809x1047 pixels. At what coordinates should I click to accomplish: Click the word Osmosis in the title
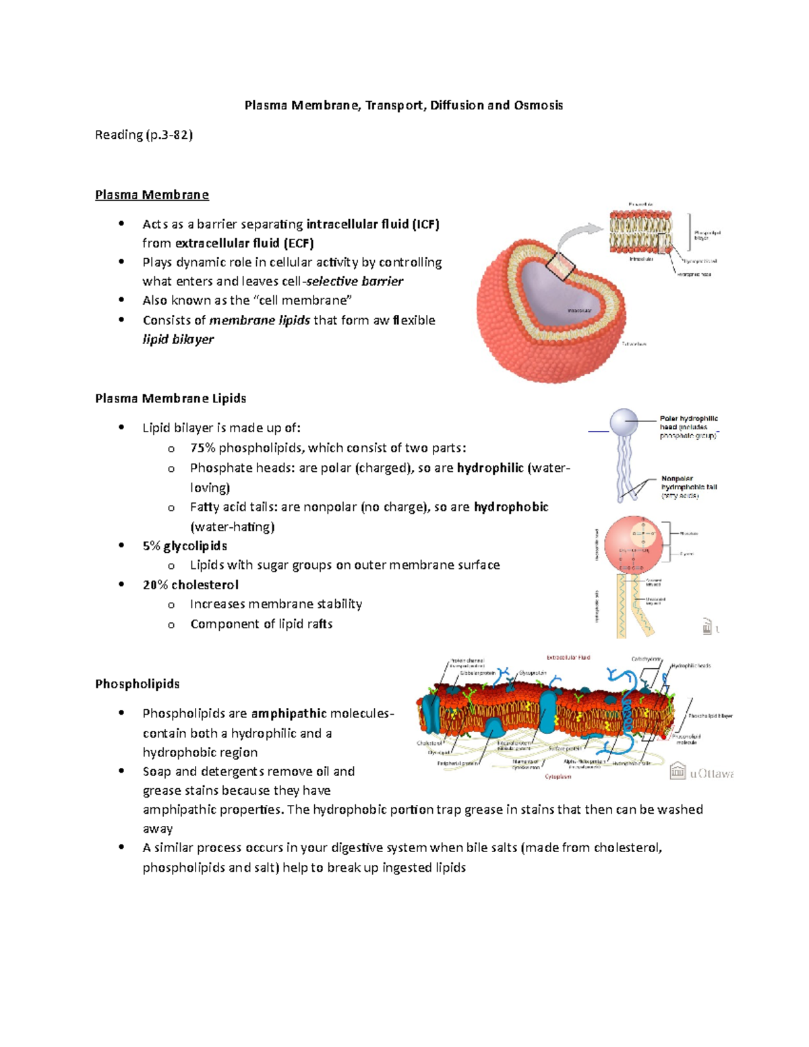pos(538,105)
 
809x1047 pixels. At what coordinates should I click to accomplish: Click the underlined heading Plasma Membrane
pos(152,195)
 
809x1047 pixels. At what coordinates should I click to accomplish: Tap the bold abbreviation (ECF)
pos(298,243)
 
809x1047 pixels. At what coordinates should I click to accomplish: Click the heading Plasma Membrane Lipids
pos(171,398)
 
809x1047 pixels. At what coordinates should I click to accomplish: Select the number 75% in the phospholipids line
pos(202,448)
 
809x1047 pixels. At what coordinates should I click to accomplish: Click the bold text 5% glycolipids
pos(185,546)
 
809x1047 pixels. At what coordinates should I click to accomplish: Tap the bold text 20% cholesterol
pos(190,585)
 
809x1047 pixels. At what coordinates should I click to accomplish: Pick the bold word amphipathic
pos(289,713)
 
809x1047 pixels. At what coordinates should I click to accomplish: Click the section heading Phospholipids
pos(137,684)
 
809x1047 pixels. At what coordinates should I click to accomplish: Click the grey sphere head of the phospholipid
pos(624,423)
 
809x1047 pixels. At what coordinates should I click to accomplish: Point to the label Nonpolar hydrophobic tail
pos(688,483)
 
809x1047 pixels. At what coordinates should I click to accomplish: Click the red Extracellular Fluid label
pos(568,657)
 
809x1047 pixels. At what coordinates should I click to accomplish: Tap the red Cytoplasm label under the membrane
pos(558,777)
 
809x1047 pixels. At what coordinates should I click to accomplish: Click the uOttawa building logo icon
pos(677,773)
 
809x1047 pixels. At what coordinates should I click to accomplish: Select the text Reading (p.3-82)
pos(144,135)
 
